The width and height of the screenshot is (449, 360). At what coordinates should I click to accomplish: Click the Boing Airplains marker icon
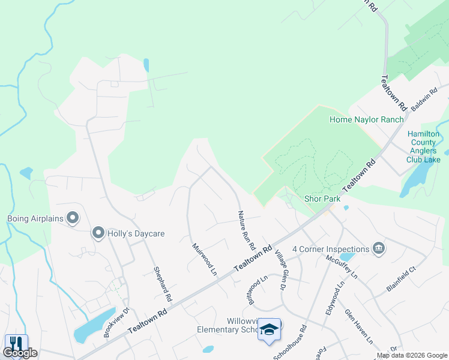[73, 218]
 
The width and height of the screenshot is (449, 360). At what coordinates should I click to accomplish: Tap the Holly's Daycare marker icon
[97, 233]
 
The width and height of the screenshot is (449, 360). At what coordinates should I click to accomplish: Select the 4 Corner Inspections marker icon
[378, 248]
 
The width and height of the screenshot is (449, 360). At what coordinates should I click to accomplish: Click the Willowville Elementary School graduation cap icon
[270, 329]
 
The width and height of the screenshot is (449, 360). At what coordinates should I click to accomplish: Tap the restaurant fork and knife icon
[16, 344]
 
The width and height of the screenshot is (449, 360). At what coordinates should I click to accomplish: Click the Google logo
[20, 353]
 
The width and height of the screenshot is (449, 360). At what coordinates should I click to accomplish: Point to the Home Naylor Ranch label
[366, 119]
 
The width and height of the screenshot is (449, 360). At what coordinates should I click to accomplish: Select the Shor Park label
[322, 199]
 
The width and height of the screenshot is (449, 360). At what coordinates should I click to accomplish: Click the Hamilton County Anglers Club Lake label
[423, 147]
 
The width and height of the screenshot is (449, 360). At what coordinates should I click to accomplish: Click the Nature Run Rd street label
[246, 230]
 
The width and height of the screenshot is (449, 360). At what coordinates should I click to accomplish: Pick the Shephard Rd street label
[163, 284]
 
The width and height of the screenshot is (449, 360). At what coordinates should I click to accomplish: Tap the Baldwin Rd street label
[425, 98]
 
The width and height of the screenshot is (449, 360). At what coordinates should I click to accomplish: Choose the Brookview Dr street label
[117, 323]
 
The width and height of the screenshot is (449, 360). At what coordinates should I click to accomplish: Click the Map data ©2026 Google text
[412, 355]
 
